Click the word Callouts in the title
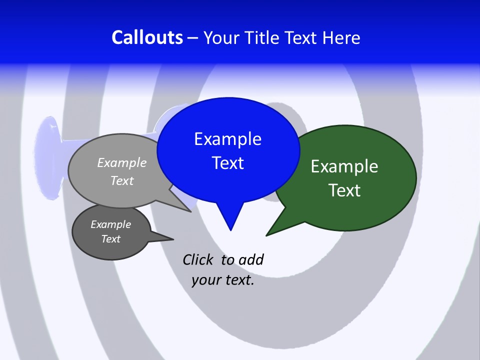(147, 37)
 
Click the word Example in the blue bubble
(227, 139)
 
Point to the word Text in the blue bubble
(227, 163)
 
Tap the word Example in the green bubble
(344, 166)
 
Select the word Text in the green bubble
(344, 190)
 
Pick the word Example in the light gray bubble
(122, 162)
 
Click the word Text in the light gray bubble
(122, 180)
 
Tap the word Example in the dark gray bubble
(110, 224)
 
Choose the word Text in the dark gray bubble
(110, 239)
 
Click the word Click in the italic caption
(197, 259)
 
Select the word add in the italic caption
(251, 259)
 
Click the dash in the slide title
(193, 38)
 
